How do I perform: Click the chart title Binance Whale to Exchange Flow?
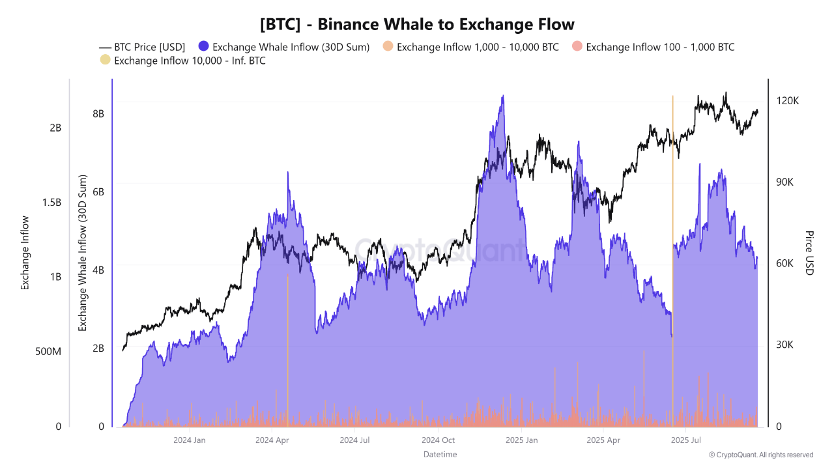click(x=417, y=24)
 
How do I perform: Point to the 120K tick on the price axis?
click(x=787, y=101)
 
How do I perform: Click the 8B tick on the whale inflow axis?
click(x=98, y=113)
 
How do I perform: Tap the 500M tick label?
click(x=48, y=352)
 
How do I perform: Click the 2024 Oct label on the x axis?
click(x=439, y=440)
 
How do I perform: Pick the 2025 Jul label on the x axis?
click(x=685, y=440)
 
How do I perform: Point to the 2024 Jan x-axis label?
click(x=190, y=440)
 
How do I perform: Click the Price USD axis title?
click(x=809, y=253)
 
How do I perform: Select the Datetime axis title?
click(x=440, y=454)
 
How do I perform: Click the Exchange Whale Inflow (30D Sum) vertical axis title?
click(x=83, y=253)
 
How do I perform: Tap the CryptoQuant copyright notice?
click(x=761, y=455)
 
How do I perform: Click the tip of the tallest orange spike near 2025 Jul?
click(x=672, y=96)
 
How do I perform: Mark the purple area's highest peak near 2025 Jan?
click(x=502, y=96)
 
